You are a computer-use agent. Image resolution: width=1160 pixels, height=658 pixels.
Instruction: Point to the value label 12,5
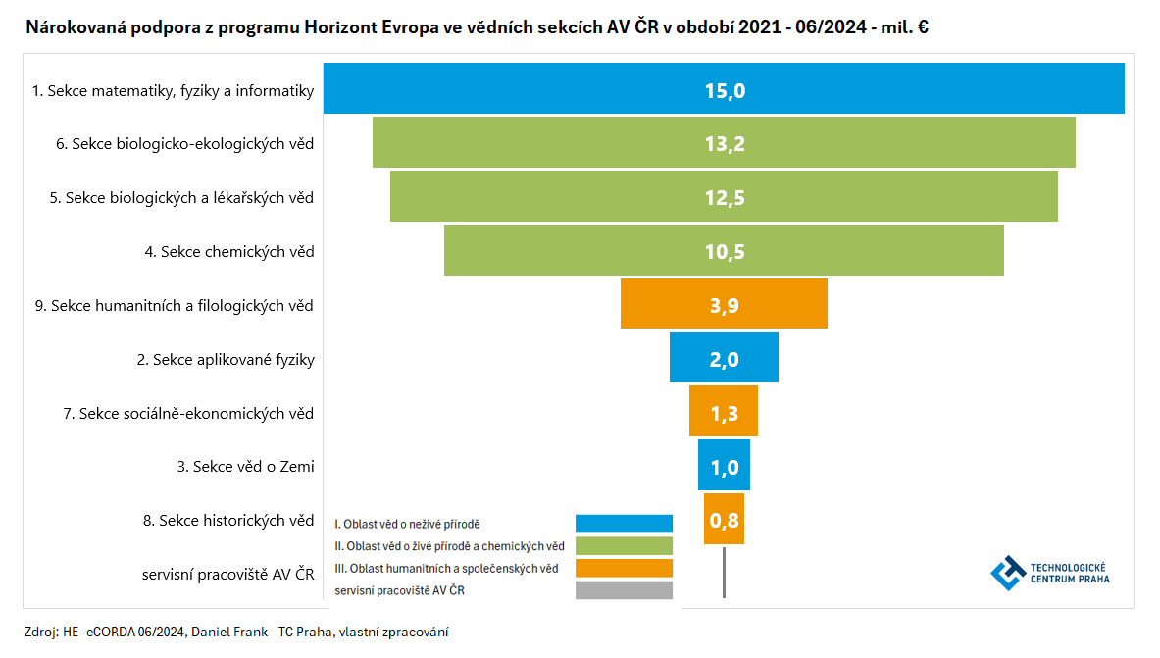click(x=724, y=198)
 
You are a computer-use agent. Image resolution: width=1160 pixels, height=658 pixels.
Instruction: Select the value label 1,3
click(x=724, y=414)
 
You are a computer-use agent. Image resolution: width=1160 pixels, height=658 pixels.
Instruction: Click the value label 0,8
click(x=724, y=521)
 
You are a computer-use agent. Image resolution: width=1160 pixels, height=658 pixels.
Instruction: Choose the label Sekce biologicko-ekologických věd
click(x=185, y=144)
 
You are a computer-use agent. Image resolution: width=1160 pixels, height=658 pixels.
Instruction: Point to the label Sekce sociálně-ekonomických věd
click(x=188, y=414)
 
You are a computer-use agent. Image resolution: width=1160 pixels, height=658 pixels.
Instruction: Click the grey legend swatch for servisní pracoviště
click(x=624, y=590)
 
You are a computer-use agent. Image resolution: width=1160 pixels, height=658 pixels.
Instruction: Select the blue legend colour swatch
click(x=624, y=524)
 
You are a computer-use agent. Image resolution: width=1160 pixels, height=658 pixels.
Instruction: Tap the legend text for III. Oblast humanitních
click(x=446, y=569)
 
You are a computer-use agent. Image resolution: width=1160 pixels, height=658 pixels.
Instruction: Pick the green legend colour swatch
click(x=624, y=546)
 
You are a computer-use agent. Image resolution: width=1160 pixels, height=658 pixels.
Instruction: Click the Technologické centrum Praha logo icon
click(x=1006, y=573)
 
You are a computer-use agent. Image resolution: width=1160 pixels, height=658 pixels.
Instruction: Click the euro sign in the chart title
click(x=923, y=27)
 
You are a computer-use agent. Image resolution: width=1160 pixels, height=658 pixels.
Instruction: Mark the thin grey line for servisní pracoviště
click(x=724, y=573)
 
